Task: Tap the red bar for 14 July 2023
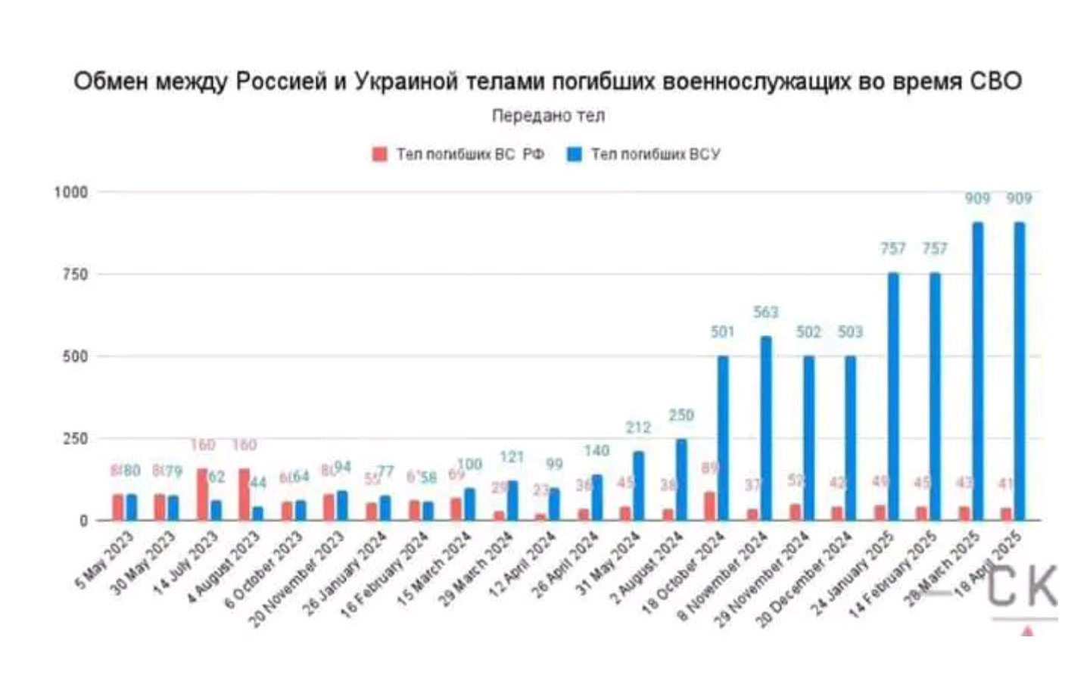pos(202,494)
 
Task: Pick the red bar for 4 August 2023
pos(244,494)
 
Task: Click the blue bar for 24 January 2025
pos(893,396)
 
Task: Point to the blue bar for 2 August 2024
pos(681,479)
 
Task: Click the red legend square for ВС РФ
pos(379,154)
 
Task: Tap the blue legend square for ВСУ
pos(575,154)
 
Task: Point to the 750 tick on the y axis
pos(75,274)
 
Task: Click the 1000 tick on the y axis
pos(70,192)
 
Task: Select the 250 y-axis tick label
pos(75,438)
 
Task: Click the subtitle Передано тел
pos(548,116)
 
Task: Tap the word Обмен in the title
pos(111,81)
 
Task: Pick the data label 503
pos(850,331)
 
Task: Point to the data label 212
pos(638,428)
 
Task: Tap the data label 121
pos(512,457)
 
